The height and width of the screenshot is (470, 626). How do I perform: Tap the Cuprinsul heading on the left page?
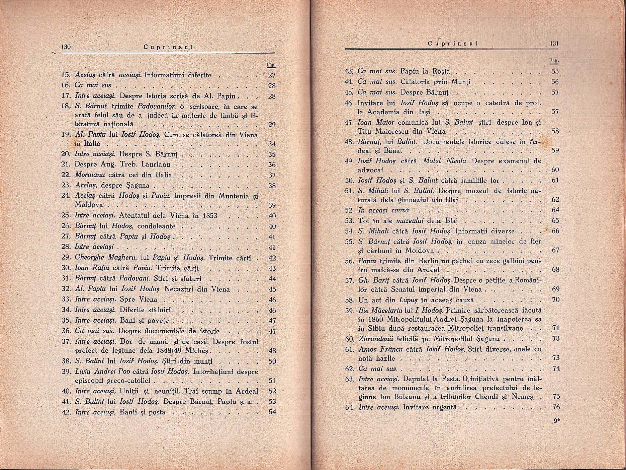(x=164, y=47)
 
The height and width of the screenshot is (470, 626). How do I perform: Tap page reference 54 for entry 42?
(x=272, y=412)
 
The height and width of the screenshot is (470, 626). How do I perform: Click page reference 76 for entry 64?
(x=556, y=407)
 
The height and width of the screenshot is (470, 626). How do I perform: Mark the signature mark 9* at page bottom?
(x=556, y=422)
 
